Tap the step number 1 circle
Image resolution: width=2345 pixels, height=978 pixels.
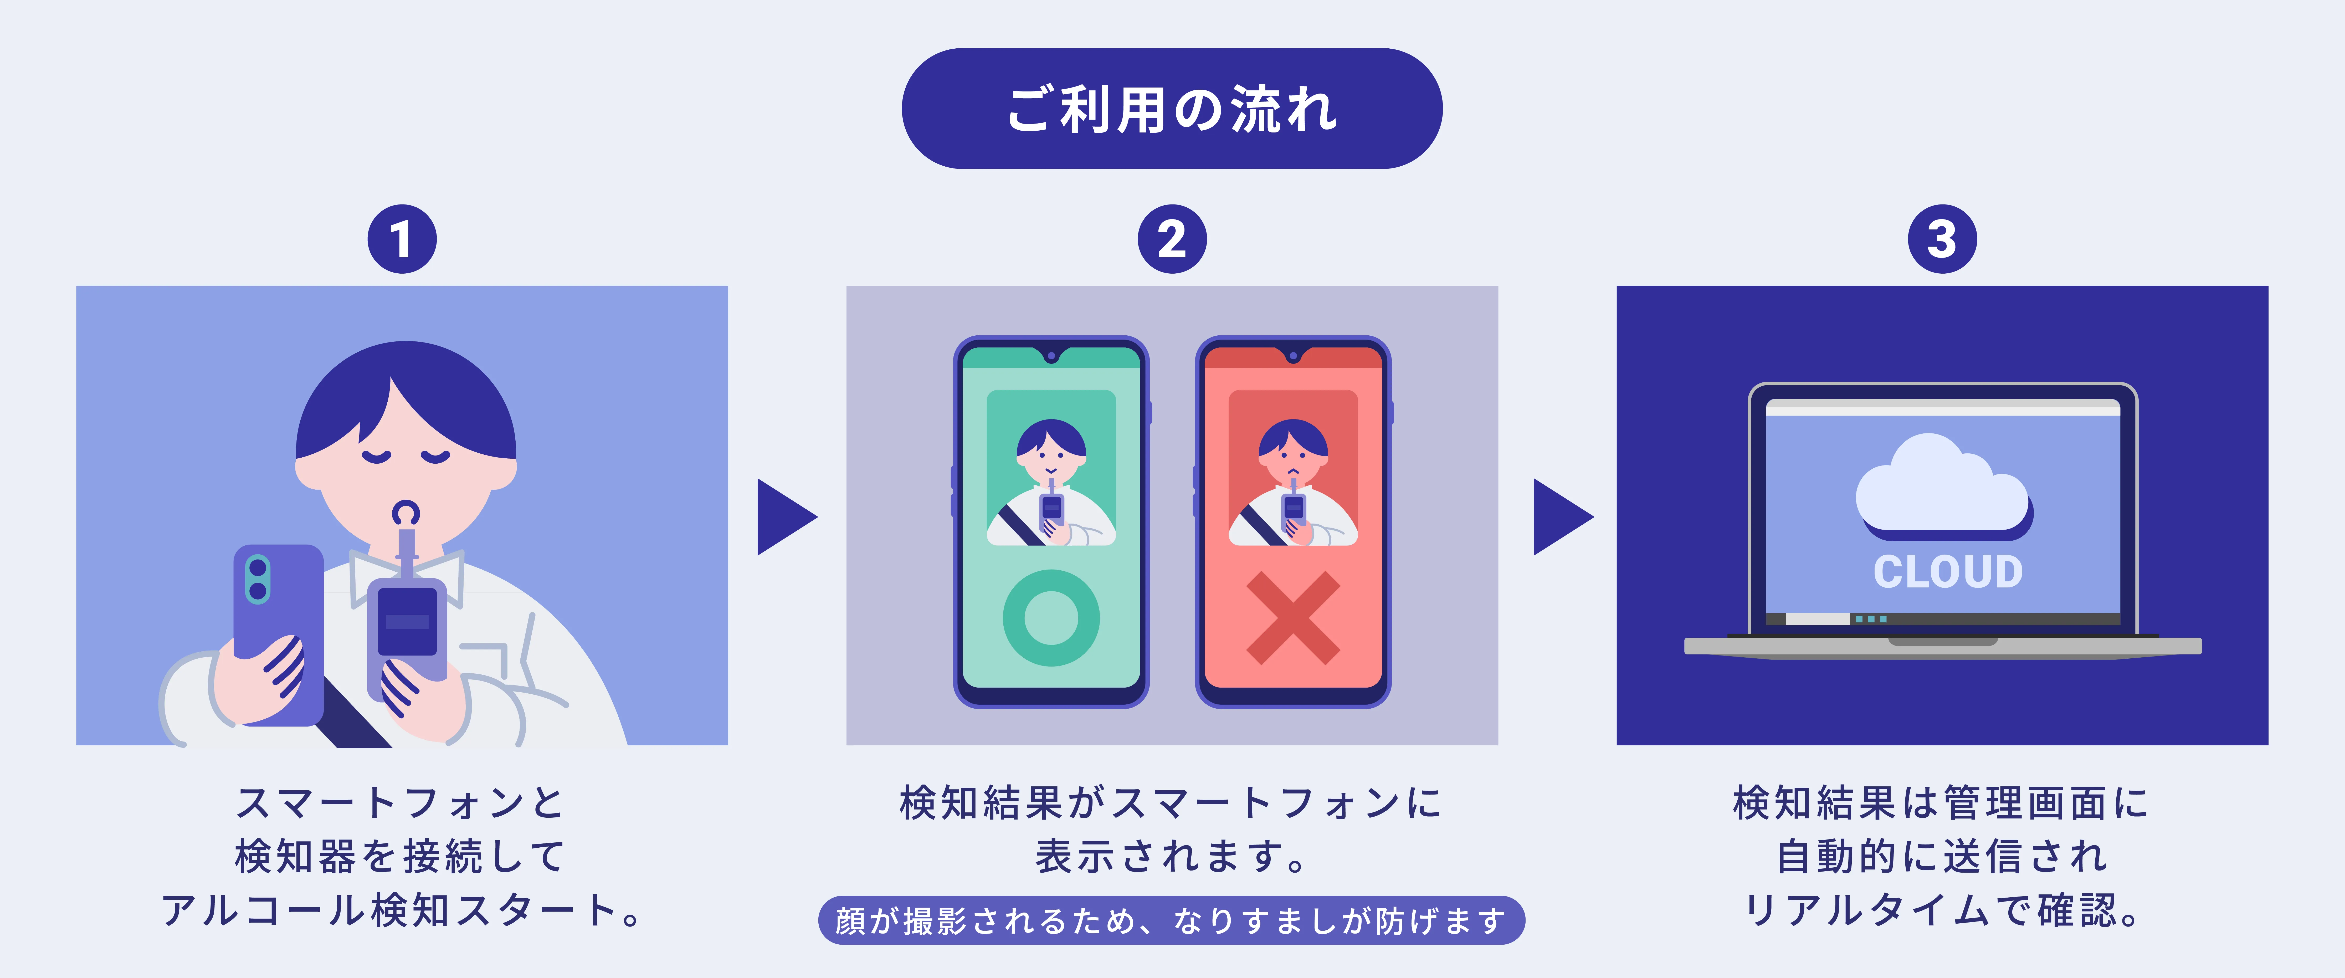[x=402, y=239]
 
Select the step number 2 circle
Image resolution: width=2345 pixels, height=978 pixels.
[x=1172, y=239]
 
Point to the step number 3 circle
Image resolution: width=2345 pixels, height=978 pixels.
[x=1942, y=239]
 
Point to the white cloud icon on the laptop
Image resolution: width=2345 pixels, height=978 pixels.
[x=1942, y=485]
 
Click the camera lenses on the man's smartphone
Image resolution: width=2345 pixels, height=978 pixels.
[x=258, y=579]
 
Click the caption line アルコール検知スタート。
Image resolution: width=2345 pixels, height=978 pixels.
[x=402, y=910]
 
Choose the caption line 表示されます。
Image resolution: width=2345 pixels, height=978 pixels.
[x=1172, y=856]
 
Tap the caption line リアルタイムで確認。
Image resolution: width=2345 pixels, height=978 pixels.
[x=1942, y=910]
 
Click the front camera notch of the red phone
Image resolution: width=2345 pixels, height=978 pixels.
[x=1293, y=355]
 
